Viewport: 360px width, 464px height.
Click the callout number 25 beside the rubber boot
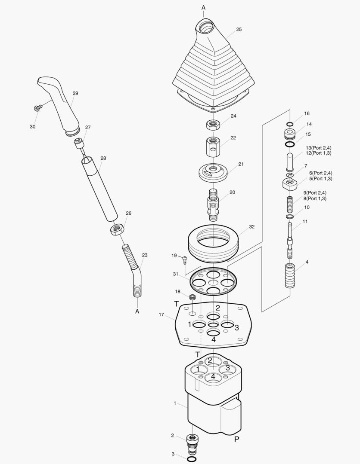(x=239, y=30)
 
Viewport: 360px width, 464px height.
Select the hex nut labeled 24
(x=212, y=125)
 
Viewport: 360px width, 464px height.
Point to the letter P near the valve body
(x=236, y=439)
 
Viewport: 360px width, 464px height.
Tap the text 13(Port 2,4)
(x=319, y=148)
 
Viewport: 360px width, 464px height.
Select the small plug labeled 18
(x=192, y=297)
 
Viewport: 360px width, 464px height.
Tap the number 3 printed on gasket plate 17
(x=236, y=328)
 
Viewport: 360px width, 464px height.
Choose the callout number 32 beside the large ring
(x=251, y=226)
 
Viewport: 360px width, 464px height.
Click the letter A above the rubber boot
(x=203, y=8)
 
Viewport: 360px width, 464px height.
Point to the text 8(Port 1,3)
(x=315, y=198)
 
